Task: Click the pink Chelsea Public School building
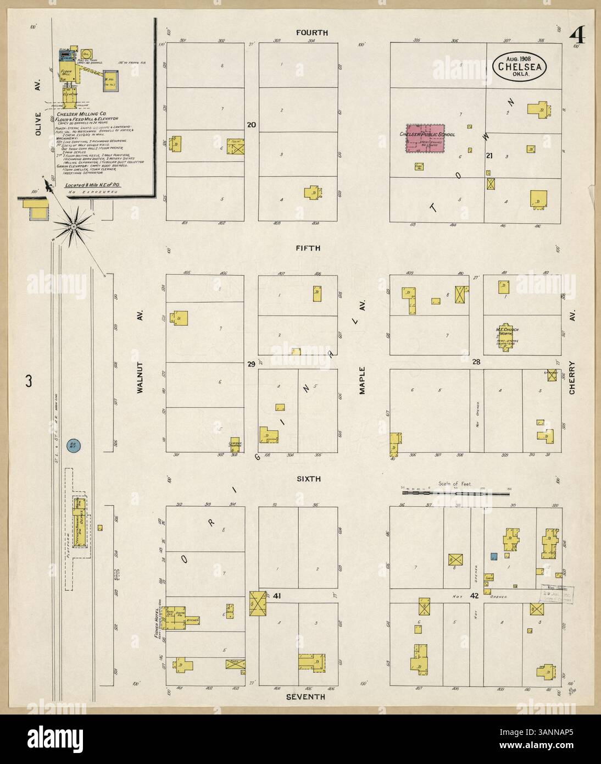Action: (424, 139)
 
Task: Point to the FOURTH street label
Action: (312, 33)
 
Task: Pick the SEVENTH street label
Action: (305, 697)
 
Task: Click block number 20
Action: (252, 125)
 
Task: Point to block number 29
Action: (251, 364)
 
